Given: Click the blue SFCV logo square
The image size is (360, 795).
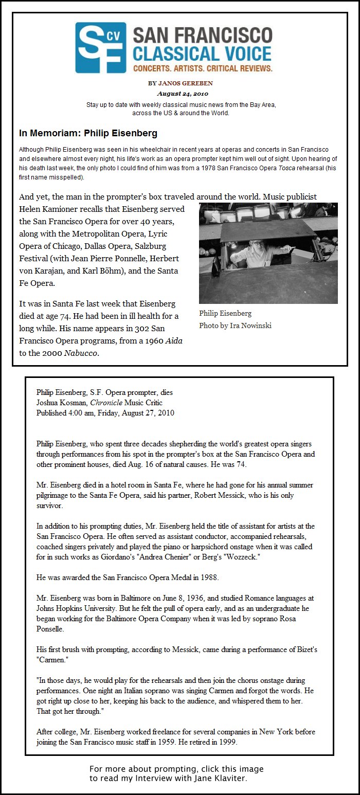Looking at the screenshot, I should tap(100, 47).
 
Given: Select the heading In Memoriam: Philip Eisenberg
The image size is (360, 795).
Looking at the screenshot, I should tap(88, 133).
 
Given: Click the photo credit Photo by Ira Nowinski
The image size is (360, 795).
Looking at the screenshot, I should tap(235, 326).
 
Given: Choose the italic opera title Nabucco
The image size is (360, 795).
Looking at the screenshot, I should tap(81, 353).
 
